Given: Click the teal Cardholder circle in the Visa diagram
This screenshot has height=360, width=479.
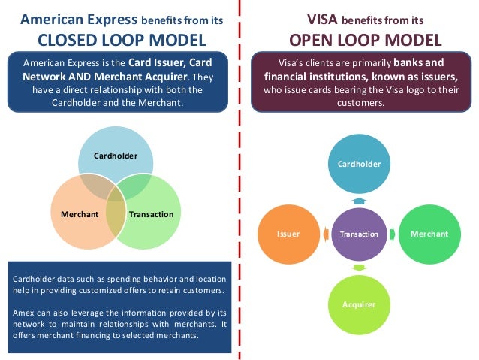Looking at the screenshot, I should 358,164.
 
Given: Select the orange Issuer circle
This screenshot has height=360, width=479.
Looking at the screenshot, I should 289,234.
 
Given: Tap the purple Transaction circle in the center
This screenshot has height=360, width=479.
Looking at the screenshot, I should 359,234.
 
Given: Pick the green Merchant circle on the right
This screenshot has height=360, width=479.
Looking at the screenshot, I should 429,234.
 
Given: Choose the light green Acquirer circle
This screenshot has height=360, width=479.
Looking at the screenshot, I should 358,304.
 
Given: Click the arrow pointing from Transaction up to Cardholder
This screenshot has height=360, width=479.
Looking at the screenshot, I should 359,201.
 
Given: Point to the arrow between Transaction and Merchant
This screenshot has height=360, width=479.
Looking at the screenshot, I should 393,234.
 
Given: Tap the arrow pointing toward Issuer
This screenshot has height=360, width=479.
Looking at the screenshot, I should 325,234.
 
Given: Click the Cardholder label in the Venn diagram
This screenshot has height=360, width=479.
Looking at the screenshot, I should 115,156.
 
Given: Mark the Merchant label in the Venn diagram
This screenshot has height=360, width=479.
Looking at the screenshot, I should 80,214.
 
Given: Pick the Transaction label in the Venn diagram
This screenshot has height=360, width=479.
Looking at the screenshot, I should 151,214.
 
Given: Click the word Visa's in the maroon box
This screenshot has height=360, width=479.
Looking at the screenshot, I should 293,63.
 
